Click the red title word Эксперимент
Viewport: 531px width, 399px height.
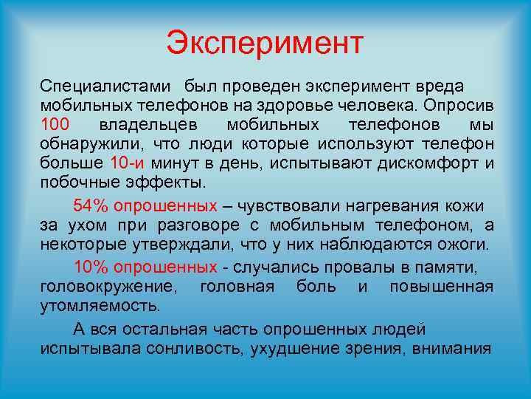265,43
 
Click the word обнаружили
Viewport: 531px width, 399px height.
81,144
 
